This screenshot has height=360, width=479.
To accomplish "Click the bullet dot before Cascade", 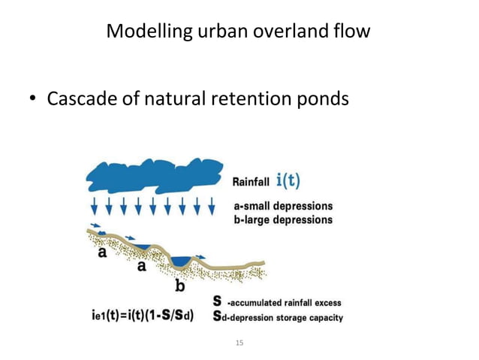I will click(34, 100).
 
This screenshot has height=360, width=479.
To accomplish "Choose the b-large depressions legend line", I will click(282, 219).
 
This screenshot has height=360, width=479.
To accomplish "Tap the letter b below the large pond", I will click(180, 286).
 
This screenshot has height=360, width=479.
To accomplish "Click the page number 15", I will click(239, 343).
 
